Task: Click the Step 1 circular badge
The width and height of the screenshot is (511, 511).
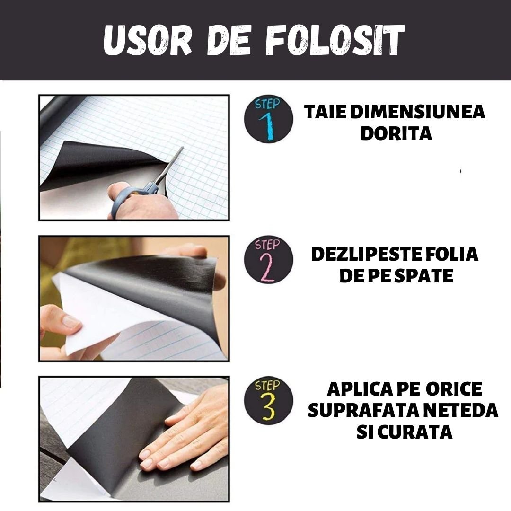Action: click(x=268, y=119)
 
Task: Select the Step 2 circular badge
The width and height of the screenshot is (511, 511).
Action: click(x=268, y=261)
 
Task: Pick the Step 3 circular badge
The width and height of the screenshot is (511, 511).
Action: click(x=268, y=400)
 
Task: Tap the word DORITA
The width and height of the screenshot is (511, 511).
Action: click(x=396, y=134)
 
